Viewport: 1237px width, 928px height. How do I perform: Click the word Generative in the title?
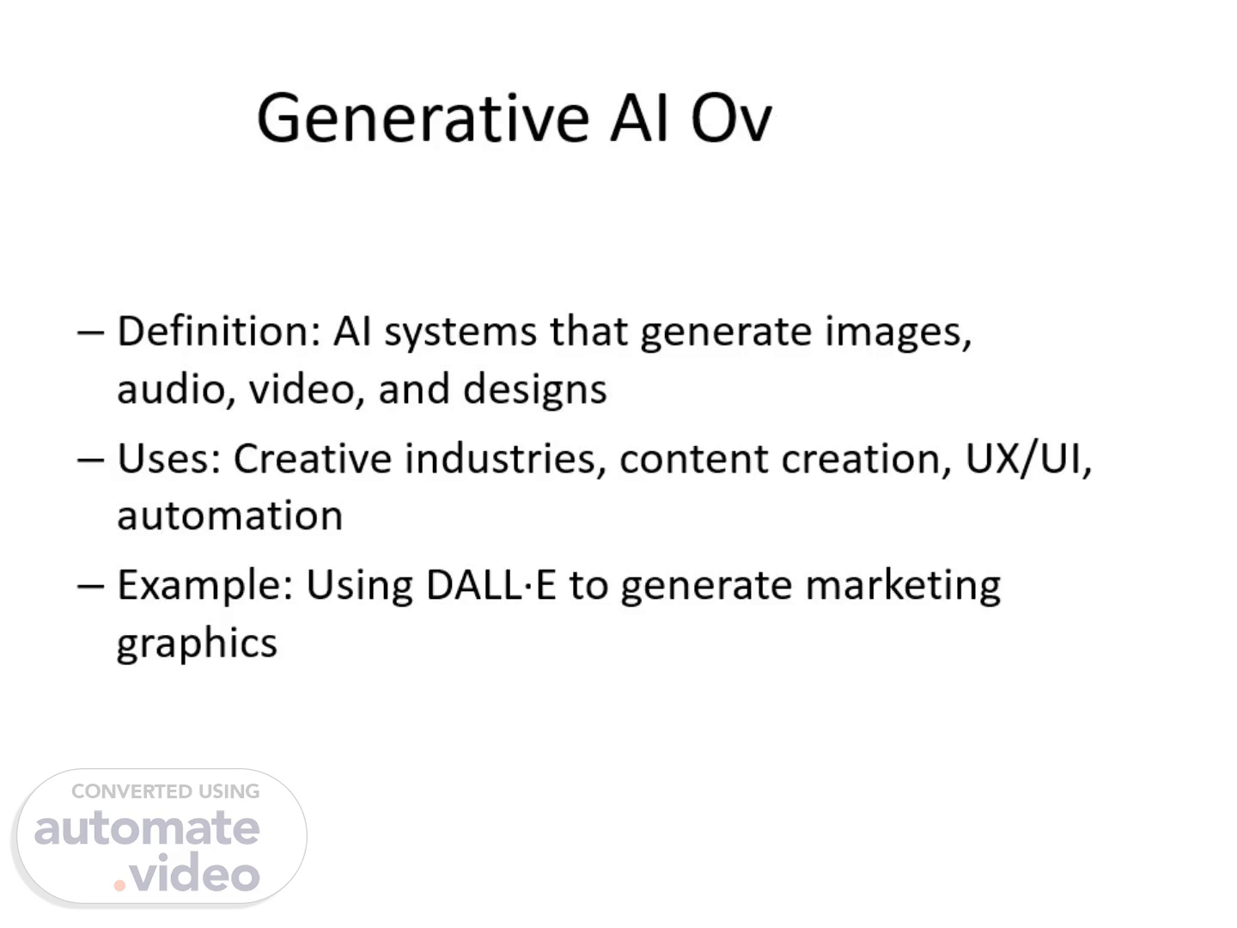click(424, 119)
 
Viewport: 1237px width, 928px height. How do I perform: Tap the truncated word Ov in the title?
click(731, 119)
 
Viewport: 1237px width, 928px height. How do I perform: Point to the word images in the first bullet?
click(899, 333)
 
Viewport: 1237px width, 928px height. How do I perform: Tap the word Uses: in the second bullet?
click(169, 459)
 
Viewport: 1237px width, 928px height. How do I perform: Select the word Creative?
click(313, 458)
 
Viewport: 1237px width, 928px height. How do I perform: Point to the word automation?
click(230, 516)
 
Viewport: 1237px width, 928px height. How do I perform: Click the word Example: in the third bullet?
click(205, 587)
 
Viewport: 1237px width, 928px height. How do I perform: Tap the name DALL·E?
click(491, 585)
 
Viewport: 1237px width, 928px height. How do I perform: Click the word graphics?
click(197, 644)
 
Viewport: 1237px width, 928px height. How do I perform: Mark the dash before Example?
click(91, 587)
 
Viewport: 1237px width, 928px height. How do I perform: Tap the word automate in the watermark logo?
click(147, 829)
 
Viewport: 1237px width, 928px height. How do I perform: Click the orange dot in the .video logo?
click(119, 885)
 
